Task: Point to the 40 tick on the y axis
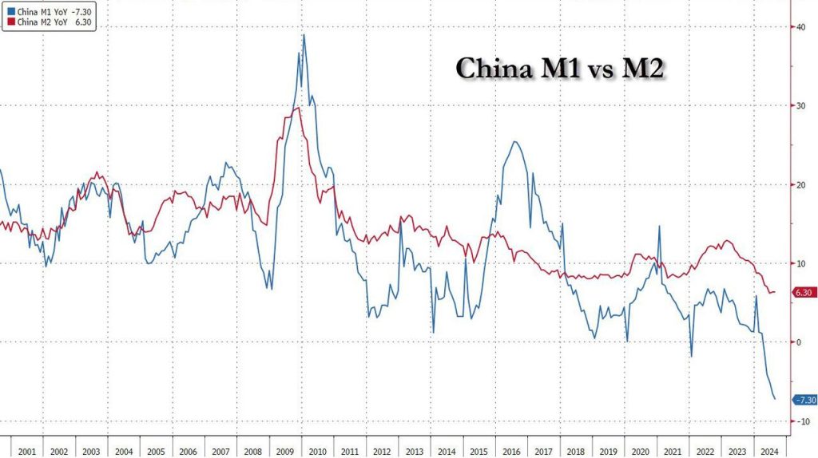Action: [x=798, y=29]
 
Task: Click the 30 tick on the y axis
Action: [x=798, y=107]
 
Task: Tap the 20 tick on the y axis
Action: [x=798, y=185]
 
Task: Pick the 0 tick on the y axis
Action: [x=796, y=342]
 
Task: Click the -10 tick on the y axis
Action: [x=799, y=421]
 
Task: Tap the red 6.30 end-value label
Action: [x=803, y=293]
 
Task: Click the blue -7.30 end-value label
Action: [x=803, y=400]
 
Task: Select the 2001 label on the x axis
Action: [x=27, y=450]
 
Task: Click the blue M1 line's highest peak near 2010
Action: [x=304, y=35]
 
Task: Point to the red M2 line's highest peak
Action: [x=297, y=108]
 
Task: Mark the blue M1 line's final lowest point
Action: [x=775, y=399]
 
